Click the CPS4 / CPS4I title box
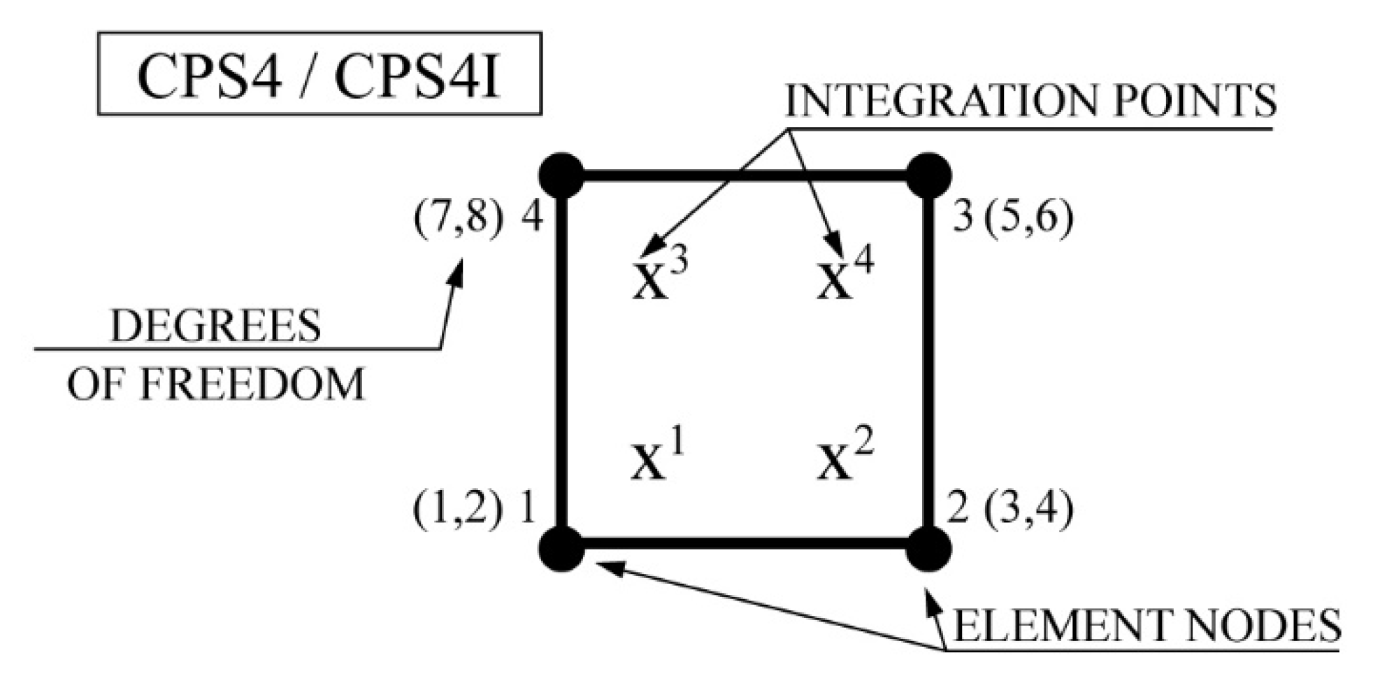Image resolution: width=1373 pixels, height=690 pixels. tap(319, 73)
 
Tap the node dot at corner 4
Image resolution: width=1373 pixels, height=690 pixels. tap(561, 175)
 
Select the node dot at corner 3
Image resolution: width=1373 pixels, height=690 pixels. tap(928, 175)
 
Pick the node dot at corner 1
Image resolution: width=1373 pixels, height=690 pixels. tap(561, 548)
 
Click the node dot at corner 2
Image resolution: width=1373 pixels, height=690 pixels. tap(928, 548)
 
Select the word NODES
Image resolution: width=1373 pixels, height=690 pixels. tap(1244, 626)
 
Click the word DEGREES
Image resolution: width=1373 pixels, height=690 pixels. tap(215, 326)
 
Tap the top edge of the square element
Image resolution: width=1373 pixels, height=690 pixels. tap(745, 175)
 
